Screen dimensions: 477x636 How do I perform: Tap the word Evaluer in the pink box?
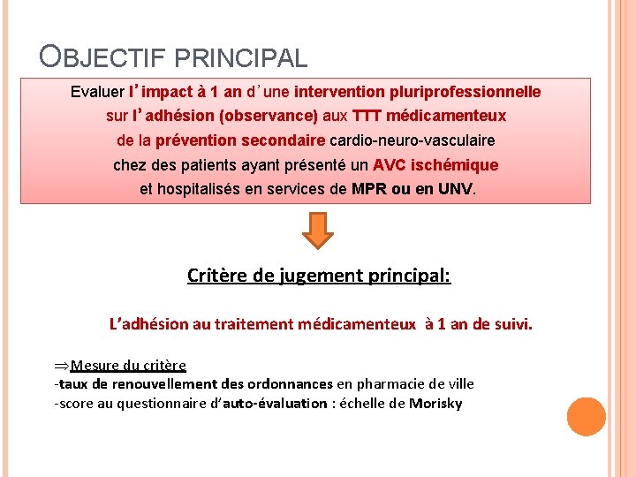(97, 92)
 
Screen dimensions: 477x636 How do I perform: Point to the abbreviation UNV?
(455, 189)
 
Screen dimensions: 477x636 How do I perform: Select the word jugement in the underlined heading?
(325, 276)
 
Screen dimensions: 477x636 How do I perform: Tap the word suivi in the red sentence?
(512, 324)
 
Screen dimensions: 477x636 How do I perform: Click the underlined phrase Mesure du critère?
(128, 365)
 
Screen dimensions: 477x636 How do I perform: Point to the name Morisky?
(435, 404)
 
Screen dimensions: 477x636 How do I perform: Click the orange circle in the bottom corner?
(587, 416)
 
